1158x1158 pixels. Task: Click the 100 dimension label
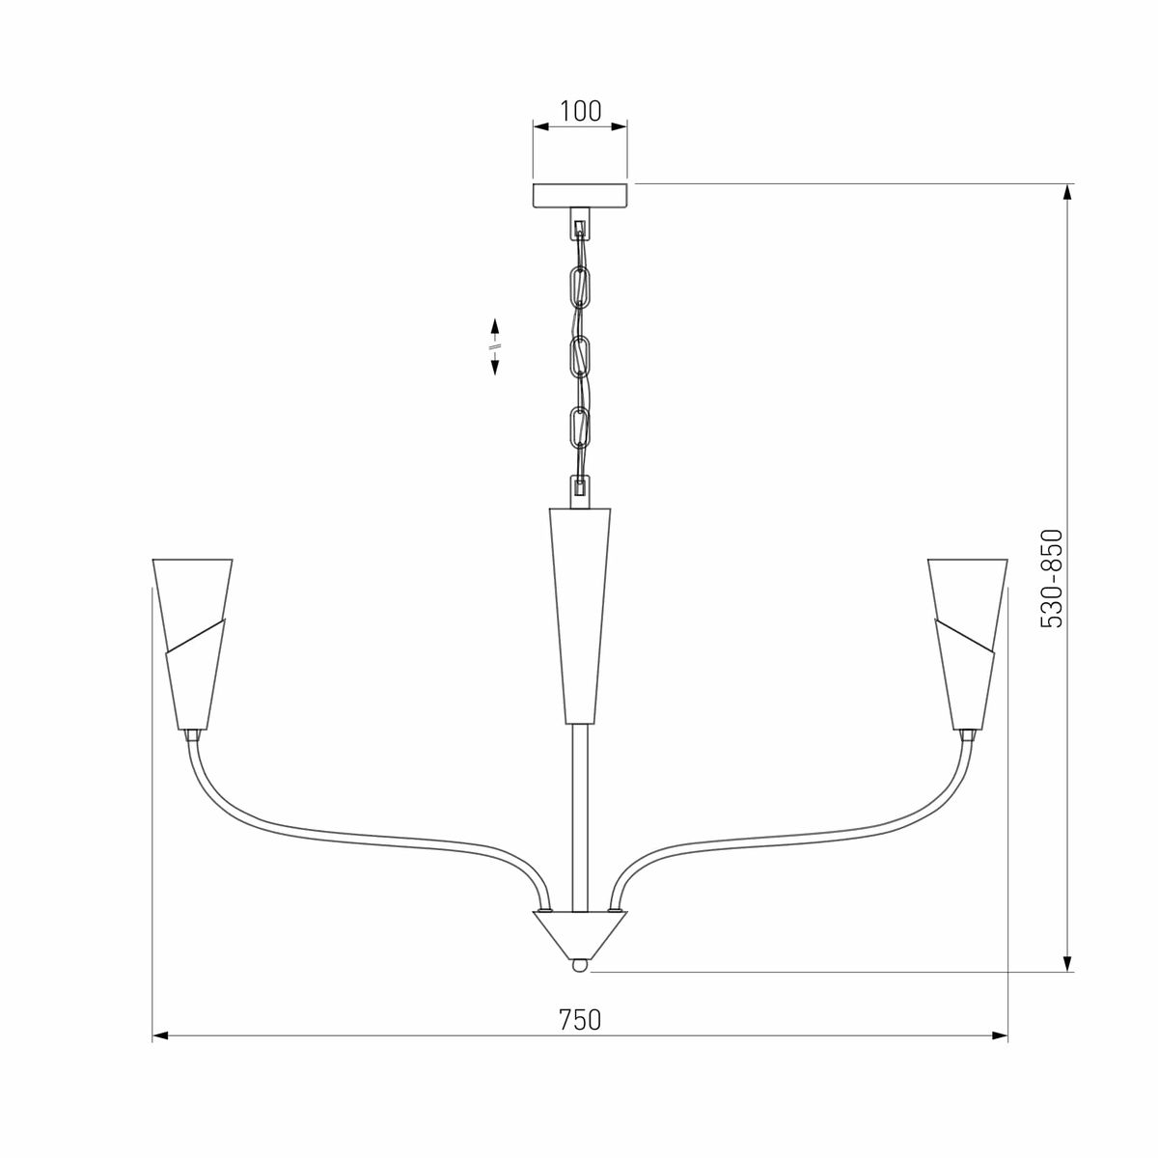[580, 110]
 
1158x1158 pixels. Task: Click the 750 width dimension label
[580, 1019]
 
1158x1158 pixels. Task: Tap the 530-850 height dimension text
[1051, 579]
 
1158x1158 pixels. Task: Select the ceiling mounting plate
[580, 194]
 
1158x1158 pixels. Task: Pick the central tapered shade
[580, 614]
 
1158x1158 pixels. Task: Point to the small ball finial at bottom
[579, 964]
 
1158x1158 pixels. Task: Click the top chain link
[581, 286]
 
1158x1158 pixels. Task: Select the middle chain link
[580, 357]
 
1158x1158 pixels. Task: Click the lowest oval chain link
[580, 427]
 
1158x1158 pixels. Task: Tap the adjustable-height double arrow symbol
[495, 345]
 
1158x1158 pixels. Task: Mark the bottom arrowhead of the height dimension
[1067, 963]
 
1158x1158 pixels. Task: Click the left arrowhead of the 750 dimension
[161, 1035]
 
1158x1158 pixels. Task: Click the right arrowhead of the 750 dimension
[1000, 1035]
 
